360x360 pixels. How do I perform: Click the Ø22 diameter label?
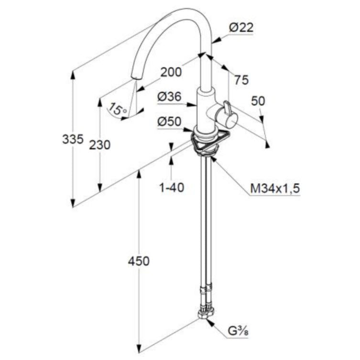point(240,28)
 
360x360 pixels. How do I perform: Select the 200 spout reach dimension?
point(171,72)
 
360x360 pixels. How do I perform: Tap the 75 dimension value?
point(241,80)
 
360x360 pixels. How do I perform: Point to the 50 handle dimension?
point(258,101)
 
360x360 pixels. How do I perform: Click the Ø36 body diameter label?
point(169,97)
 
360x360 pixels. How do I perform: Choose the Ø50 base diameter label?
point(169,122)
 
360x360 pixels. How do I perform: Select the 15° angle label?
point(118,109)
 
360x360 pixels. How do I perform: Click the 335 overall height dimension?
point(73,139)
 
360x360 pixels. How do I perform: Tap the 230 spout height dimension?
point(100,144)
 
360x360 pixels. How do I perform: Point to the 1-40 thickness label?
point(172,187)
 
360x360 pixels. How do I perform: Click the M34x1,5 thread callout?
point(275,189)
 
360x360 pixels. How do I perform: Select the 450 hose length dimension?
point(139,262)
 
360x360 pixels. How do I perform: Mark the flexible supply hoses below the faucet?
point(206,225)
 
